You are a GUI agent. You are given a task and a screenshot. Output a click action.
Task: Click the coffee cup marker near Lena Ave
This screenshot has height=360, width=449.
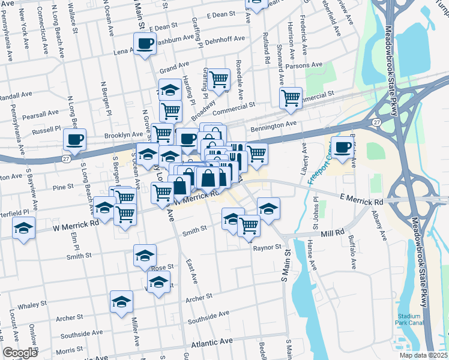[x=145, y=44]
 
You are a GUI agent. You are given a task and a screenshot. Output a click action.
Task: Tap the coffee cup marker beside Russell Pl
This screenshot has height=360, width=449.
[x=75, y=140]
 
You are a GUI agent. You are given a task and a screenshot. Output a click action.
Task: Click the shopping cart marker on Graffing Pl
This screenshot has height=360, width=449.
[x=219, y=79]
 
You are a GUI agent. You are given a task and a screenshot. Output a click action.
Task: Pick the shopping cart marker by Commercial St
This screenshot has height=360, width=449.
[x=291, y=97]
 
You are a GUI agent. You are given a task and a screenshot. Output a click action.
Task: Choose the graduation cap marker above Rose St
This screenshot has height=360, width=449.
[x=145, y=256]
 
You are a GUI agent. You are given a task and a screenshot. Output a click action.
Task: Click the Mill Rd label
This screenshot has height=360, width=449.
[x=332, y=233]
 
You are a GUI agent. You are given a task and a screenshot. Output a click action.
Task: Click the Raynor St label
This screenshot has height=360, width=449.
[x=267, y=247]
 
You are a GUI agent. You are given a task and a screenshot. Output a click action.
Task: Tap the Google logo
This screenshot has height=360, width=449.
[x=20, y=353]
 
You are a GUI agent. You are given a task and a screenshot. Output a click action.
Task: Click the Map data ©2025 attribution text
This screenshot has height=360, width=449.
[x=424, y=355]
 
